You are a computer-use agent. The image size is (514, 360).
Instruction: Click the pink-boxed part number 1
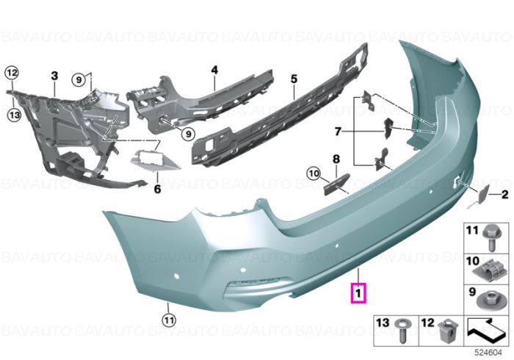[x=358, y=293]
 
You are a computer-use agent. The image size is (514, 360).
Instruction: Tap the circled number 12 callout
[x=12, y=73]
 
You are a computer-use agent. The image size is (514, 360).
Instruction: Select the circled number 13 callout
[x=14, y=115]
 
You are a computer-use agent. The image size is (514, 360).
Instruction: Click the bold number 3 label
[x=54, y=76]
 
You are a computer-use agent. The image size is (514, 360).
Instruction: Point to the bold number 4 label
[x=214, y=70]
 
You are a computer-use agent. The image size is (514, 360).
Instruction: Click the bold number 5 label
[x=294, y=79]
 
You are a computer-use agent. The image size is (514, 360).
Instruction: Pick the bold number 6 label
[x=157, y=189]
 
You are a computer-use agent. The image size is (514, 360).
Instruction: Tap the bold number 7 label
[x=338, y=132]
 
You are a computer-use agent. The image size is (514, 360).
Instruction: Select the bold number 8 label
[x=336, y=159]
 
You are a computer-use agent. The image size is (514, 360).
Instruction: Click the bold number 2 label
[x=505, y=195]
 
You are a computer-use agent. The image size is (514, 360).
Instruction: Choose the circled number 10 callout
[x=314, y=173]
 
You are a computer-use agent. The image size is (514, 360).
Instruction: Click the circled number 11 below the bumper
[x=169, y=320]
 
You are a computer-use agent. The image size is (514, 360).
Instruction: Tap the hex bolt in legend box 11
[x=491, y=238]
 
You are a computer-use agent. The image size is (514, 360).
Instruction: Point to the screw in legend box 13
[x=403, y=330]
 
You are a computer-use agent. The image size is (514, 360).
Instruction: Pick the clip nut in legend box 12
[x=449, y=330]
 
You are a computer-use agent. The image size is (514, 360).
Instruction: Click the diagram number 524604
[x=489, y=353]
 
